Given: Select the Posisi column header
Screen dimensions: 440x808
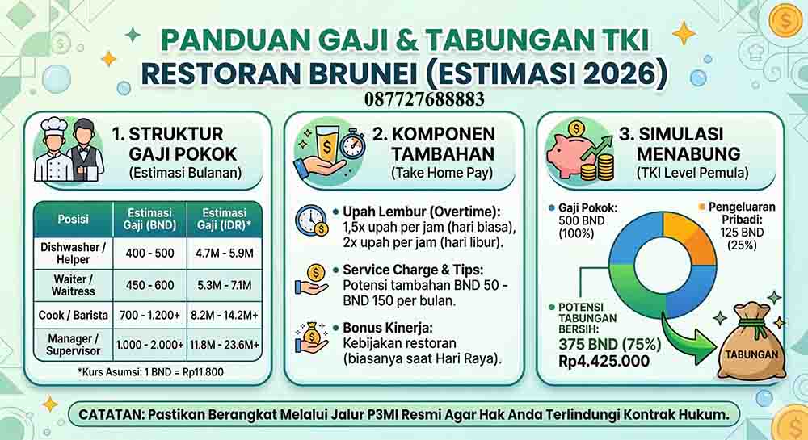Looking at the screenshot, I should click(x=74, y=219).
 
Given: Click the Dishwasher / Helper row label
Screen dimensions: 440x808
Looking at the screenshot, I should click(x=74, y=253).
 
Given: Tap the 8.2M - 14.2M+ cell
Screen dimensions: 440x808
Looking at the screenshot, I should click(x=223, y=315).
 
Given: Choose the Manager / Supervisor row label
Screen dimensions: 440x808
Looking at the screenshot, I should click(x=74, y=345).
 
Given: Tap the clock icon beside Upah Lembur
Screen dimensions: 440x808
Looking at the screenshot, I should click(x=311, y=220).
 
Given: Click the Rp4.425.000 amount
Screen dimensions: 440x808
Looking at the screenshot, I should click(x=604, y=360).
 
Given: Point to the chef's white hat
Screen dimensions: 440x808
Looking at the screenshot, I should click(x=54, y=127).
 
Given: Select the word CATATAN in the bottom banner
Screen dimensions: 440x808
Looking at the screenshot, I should click(x=111, y=415).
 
